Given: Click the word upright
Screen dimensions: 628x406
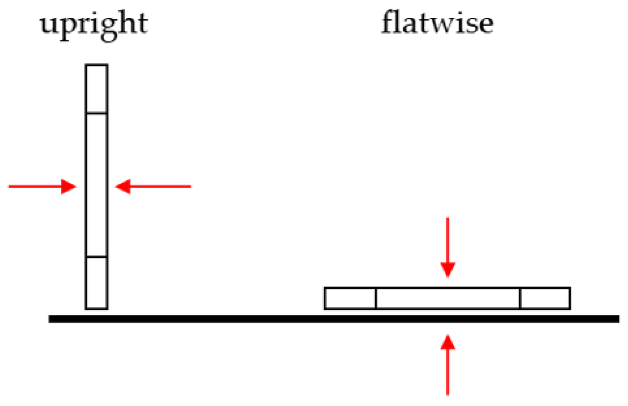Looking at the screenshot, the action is (94, 23).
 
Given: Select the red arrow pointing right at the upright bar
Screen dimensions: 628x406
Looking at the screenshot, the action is (42, 187).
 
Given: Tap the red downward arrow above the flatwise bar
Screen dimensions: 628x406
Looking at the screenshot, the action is (448, 247).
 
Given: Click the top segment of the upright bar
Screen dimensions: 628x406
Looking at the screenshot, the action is (96, 89).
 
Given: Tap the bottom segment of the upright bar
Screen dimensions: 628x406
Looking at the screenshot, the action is (96, 283).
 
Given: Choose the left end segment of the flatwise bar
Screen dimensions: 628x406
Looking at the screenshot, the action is (350, 298).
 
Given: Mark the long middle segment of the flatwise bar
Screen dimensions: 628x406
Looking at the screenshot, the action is (448, 298).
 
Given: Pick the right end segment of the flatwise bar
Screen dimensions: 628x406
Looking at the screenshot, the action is (545, 298).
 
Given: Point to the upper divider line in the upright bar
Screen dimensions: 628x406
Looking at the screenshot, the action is (96, 113).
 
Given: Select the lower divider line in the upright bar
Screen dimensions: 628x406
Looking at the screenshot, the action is (96, 257).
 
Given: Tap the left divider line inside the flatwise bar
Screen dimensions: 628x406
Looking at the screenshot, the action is (376, 298).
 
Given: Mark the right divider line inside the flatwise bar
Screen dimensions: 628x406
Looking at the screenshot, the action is (520, 298).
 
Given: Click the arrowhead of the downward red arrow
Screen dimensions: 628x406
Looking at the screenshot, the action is (448, 270).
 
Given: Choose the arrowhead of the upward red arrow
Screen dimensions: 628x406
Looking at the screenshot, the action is (448, 342).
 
